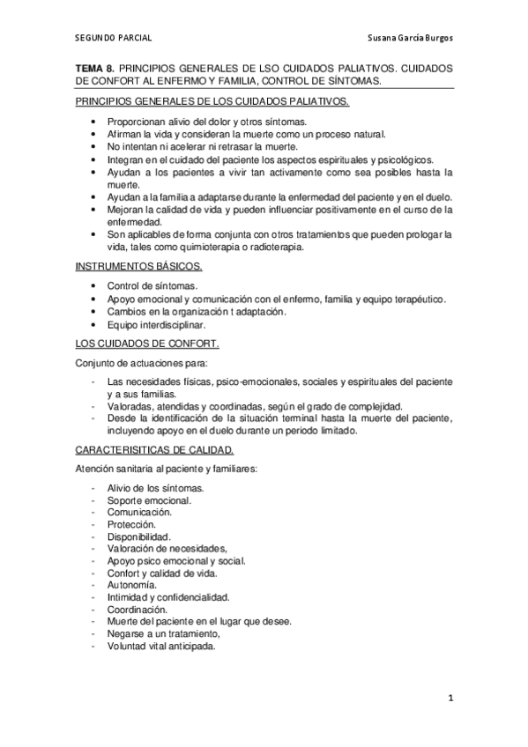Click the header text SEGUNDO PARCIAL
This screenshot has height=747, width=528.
pyautogui.click(x=113, y=39)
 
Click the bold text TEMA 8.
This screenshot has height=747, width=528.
pyautogui.click(x=94, y=67)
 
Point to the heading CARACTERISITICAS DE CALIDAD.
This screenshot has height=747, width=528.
pyautogui.click(x=160, y=449)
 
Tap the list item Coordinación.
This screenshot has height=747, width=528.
pyautogui.click(x=137, y=609)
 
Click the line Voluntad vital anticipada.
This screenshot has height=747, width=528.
pyautogui.click(x=161, y=646)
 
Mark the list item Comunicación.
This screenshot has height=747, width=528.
pyautogui.click(x=139, y=512)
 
